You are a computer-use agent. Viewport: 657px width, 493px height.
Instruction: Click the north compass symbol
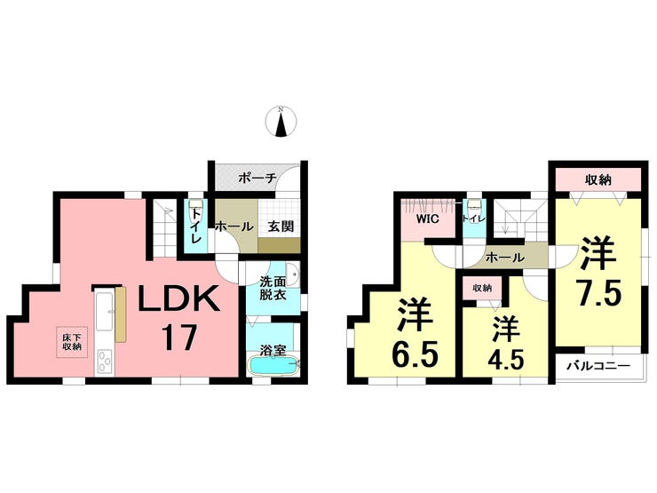pyautogui.click(x=281, y=122)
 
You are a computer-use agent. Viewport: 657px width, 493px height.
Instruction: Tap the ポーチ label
pyautogui.click(x=257, y=179)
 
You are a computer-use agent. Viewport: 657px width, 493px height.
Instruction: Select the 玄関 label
pyautogui.click(x=281, y=227)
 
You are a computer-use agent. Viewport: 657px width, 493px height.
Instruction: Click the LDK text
pyautogui.click(x=179, y=298)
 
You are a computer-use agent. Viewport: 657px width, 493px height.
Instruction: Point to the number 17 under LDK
pyautogui.click(x=179, y=338)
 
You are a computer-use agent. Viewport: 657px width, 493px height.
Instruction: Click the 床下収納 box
pyautogui.click(x=72, y=342)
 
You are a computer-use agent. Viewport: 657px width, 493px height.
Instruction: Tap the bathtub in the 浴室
pyautogui.click(x=274, y=366)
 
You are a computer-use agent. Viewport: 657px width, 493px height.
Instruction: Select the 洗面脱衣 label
pyautogui.click(x=273, y=288)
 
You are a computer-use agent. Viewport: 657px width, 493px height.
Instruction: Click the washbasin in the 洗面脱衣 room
pyautogui.click(x=293, y=274)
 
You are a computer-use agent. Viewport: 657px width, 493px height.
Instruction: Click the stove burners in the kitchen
pyautogui.click(x=105, y=361)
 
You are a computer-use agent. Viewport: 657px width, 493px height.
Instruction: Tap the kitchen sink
pyautogui.click(x=105, y=311)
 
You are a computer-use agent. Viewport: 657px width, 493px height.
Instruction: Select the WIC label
pyautogui.click(x=427, y=219)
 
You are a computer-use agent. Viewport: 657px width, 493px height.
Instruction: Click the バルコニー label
pyautogui.click(x=598, y=366)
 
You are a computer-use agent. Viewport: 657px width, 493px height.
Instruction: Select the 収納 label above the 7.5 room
pyautogui.click(x=598, y=179)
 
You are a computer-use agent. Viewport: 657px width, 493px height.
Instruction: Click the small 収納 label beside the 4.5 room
pyautogui.click(x=482, y=289)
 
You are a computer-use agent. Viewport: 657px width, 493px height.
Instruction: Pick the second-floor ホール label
pyautogui.click(x=505, y=258)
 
